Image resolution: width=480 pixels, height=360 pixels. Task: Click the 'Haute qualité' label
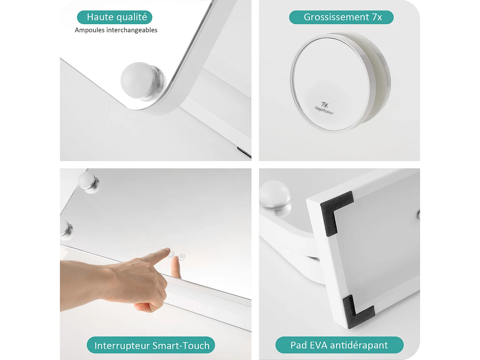pyautogui.click(x=115, y=17)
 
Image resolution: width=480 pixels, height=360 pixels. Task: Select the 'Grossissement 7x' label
pyautogui.click(x=341, y=17)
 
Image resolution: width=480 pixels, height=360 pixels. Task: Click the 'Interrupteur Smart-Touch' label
pyautogui.click(x=151, y=345)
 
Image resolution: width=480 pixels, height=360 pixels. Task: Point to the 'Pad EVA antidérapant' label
pyautogui.click(x=339, y=345)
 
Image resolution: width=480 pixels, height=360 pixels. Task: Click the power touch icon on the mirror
pyautogui.click(x=172, y=254)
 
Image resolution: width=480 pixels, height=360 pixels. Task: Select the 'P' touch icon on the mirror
pyautogui.click(x=182, y=257)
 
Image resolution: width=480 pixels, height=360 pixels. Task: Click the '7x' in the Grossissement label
pyautogui.click(x=377, y=17)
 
